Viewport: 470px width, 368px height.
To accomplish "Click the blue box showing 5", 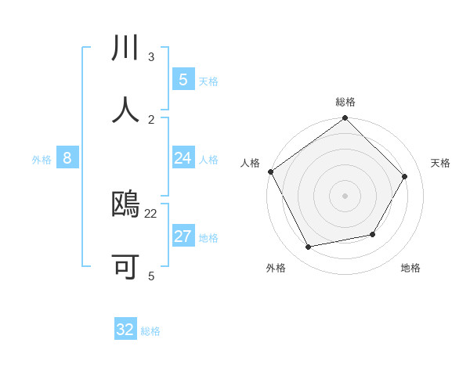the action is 183,79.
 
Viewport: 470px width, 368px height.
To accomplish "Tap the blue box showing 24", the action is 183,158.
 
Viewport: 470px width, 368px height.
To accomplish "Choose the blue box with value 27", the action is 183,236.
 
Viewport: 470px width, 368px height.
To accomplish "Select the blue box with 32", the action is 125,330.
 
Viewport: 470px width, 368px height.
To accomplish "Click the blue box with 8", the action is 67,158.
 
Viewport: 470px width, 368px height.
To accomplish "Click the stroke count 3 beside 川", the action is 151,57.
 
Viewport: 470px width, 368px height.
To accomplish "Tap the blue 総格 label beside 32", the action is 150,331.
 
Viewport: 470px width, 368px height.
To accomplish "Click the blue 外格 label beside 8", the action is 42,160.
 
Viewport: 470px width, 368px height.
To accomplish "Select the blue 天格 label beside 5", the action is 208,81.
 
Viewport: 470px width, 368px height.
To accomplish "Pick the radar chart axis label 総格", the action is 345,102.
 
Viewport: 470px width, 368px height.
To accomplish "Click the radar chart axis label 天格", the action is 440,163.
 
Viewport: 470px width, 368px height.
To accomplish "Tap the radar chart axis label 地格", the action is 410,268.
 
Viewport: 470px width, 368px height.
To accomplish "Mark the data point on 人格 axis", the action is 271,171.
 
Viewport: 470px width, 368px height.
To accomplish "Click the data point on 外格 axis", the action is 309,247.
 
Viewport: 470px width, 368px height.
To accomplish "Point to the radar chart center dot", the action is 345,196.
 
